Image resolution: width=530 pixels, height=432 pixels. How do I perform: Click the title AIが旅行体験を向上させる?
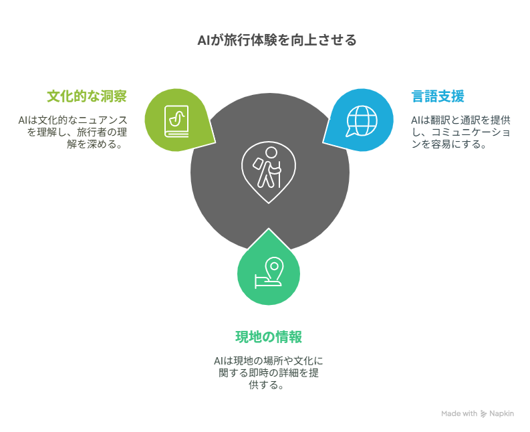[277, 40]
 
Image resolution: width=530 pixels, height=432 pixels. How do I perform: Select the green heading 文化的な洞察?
[87, 96]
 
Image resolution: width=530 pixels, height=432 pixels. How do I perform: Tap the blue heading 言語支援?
[438, 96]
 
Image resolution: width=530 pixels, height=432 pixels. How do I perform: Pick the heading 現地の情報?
[269, 337]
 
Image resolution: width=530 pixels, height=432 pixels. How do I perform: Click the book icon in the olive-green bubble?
[176, 122]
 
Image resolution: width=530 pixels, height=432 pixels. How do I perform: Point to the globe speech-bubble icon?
[361, 121]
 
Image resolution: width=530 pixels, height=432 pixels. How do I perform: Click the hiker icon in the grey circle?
[269, 172]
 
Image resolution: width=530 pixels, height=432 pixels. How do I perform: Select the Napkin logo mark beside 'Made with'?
[483, 414]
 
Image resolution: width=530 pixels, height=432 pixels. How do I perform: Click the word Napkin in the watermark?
[502, 414]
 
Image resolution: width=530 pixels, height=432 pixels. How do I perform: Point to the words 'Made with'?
[459, 413]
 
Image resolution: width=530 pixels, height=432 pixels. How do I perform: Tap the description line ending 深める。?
[95, 144]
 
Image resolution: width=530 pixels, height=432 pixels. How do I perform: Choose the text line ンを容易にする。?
[449, 144]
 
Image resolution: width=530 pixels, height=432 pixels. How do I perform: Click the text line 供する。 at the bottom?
[266, 385]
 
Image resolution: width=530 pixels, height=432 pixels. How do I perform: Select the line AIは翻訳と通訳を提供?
[460, 120]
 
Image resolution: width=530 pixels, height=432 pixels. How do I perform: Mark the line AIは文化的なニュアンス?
[73, 120]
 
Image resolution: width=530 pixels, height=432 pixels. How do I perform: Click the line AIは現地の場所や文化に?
[269, 360]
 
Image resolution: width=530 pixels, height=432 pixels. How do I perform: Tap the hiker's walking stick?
[279, 175]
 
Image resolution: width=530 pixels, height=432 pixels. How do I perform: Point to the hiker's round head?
[271, 152]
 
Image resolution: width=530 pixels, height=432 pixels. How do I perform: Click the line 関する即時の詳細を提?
[269, 372]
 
